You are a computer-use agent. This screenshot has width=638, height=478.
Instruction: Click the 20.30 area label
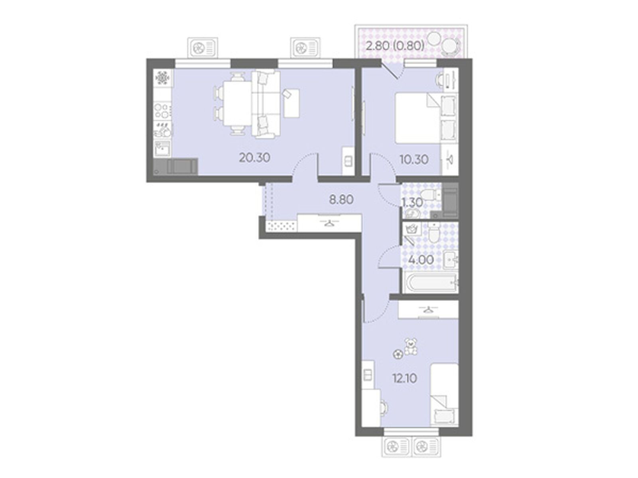coord(254,158)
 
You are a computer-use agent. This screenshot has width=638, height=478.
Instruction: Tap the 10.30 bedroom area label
coord(414,159)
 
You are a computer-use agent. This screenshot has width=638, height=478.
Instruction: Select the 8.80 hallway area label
coord(341,200)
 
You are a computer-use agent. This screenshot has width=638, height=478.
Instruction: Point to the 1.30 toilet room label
coord(412,202)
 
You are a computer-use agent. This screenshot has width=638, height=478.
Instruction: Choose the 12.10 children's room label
coord(405,378)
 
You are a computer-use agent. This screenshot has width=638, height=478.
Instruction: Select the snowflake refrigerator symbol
coord(162,78)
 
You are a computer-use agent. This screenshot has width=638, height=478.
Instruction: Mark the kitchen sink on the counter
coord(162,149)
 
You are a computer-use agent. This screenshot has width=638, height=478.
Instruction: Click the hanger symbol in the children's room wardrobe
coord(427,310)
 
